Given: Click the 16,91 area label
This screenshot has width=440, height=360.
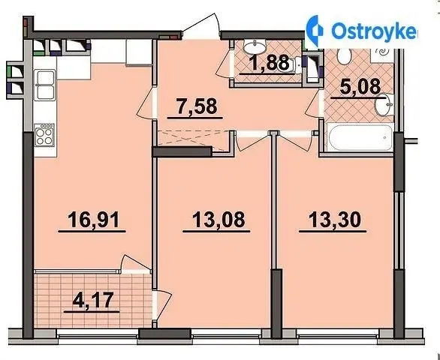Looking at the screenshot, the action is (x=93, y=220).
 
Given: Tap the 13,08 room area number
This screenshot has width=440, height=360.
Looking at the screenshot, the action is (x=218, y=220).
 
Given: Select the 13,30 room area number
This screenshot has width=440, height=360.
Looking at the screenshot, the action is (x=334, y=220).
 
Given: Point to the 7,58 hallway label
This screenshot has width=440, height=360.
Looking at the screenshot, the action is (x=197, y=106).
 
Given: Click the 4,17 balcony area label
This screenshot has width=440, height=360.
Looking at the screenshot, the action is (x=93, y=300).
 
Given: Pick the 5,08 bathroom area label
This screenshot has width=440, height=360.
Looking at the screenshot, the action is (x=360, y=86).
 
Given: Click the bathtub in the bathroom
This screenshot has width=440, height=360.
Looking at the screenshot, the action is (x=360, y=138).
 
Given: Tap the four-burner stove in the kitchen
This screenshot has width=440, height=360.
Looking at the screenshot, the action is (x=44, y=135).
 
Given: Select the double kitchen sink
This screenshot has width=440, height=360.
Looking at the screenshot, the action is (x=44, y=85).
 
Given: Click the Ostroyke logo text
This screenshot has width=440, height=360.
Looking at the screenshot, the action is (x=374, y=31).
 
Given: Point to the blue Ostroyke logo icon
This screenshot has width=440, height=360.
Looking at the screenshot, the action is (x=315, y=31).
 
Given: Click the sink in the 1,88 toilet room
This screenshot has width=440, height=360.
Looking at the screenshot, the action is (x=255, y=46).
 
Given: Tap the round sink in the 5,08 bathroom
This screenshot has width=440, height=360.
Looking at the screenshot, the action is (x=384, y=104).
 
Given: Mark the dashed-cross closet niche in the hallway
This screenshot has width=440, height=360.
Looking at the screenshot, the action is (x=193, y=139).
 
